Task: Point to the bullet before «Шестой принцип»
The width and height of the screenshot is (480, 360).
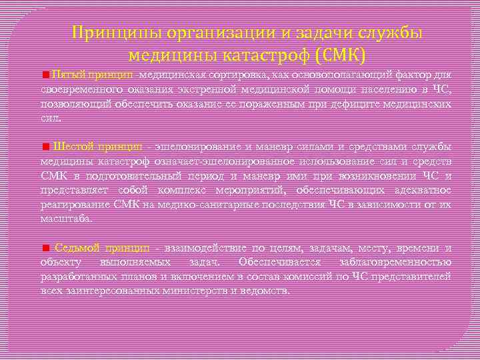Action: point(45,147)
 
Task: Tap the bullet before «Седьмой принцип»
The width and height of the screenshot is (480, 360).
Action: point(45,248)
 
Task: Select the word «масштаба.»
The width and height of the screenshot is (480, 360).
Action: point(67,218)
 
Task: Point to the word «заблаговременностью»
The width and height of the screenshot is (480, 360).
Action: point(399,262)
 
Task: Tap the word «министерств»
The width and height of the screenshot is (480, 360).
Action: point(199,291)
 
